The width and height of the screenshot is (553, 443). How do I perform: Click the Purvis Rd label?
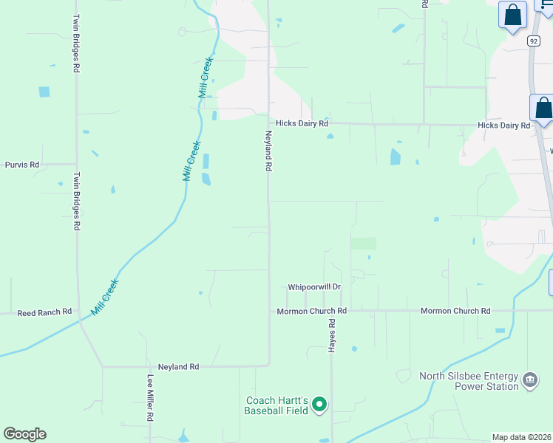click(21, 164)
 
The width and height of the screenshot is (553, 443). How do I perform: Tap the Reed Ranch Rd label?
click(45, 312)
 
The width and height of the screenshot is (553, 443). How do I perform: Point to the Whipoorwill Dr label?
click(314, 286)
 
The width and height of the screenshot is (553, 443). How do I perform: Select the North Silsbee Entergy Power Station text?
click(468, 381)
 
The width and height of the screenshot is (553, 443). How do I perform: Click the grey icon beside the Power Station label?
click(529, 380)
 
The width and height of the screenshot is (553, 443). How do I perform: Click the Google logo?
click(24, 434)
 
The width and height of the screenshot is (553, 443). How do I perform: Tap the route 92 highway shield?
click(534, 41)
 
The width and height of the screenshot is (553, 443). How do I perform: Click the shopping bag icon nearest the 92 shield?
click(512, 16)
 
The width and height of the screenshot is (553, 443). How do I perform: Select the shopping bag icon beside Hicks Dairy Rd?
click(543, 109)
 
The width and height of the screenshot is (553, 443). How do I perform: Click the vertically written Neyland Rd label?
click(269, 151)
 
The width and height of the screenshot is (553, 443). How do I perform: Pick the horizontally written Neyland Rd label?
click(179, 366)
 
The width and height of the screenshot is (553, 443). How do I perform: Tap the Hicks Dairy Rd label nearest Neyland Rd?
click(302, 124)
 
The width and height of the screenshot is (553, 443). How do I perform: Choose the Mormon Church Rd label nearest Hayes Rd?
click(311, 311)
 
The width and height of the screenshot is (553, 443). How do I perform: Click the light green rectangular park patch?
click(363, 243)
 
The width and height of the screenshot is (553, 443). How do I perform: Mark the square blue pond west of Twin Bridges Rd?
click(44, 92)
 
